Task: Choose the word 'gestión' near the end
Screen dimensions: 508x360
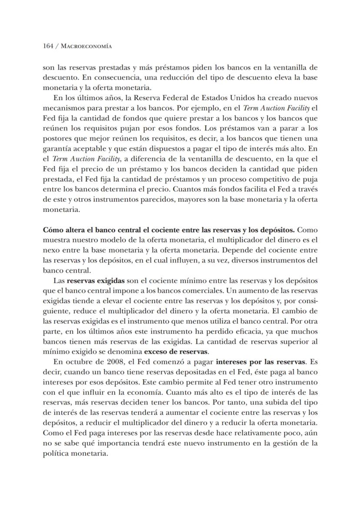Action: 284,444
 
